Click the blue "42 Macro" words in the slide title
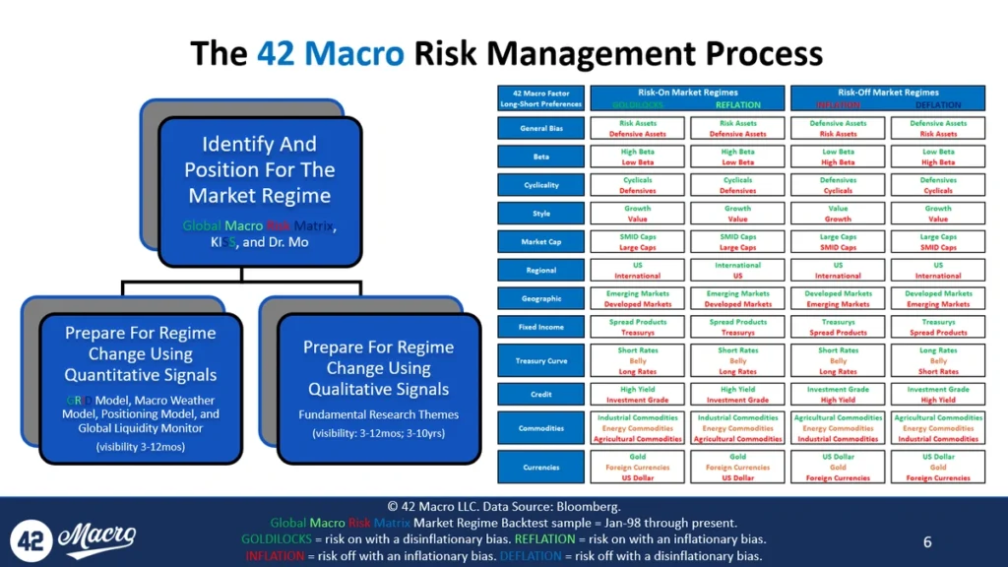[x=330, y=53]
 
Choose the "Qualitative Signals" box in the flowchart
[x=378, y=388]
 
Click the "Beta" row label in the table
[x=541, y=157]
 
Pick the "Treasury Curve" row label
[x=541, y=361]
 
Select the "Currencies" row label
[x=541, y=468]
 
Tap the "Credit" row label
[x=541, y=395]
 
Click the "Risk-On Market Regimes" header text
[x=687, y=93]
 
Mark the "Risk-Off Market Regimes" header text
[x=887, y=93]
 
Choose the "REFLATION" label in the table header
[x=737, y=104]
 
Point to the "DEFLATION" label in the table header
[x=937, y=104]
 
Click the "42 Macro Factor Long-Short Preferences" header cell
[x=541, y=98]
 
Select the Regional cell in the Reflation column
[x=737, y=270]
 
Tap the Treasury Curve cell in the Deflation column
[x=937, y=361]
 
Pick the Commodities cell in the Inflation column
[x=838, y=428]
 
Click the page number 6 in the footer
[x=927, y=542]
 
